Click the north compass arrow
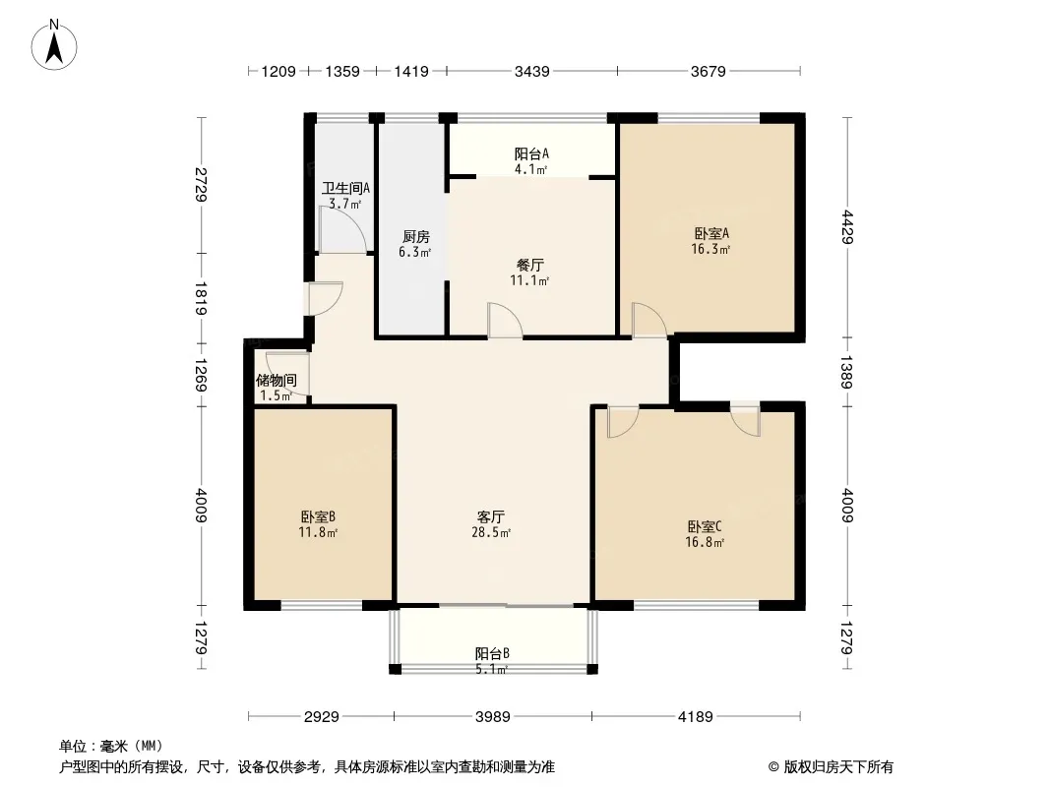point(54,49)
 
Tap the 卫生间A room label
point(345,189)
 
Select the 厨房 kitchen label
point(415,237)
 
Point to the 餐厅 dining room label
point(529,265)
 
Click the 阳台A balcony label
point(531,153)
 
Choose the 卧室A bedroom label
point(711,234)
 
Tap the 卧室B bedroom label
point(318,516)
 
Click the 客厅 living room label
point(491,516)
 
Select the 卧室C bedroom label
point(705,527)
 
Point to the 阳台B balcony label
point(492,653)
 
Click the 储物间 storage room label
point(277,381)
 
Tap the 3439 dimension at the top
point(531,71)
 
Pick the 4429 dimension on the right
point(847,227)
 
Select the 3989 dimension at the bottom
point(492,717)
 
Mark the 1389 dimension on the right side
point(847,373)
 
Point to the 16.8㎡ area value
point(705,542)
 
